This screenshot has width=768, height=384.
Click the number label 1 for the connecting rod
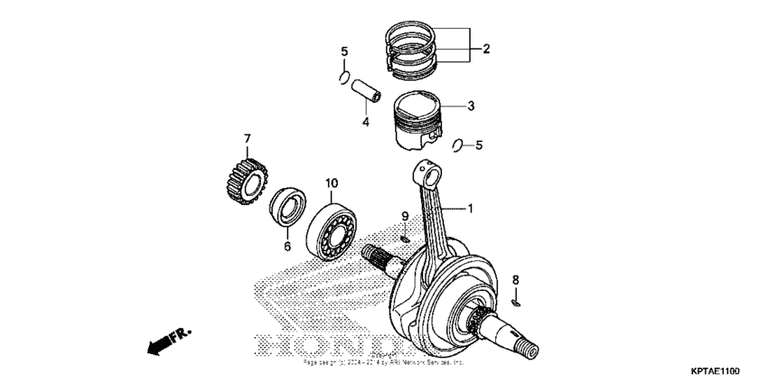pyautogui.click(x=470, y=209)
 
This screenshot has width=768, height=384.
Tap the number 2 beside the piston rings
pyautogui.click(x=485, y=49)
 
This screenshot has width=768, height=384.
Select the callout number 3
pyautogui.click(x=470, y=106)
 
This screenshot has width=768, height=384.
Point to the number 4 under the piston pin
pyautogui.click(x=365, y=121)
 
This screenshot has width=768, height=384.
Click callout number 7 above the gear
pyautogui.click(x=245, y=138)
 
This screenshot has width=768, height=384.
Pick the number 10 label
pyautogui.click(x=331, y=183)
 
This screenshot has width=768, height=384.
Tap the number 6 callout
pyautogui.click(x=286, y=246)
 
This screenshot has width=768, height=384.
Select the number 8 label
pyautogui.click(x=516, y=279)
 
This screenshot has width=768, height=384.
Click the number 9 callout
pyautogui.click(x=406, y=216)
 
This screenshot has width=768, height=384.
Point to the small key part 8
pyautogui.click(x=516, y=304)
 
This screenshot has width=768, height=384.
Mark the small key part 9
pyautogui.click(x=406, y=238)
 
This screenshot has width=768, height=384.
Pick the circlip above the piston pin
pyautogui.click(x=342, y=80)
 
